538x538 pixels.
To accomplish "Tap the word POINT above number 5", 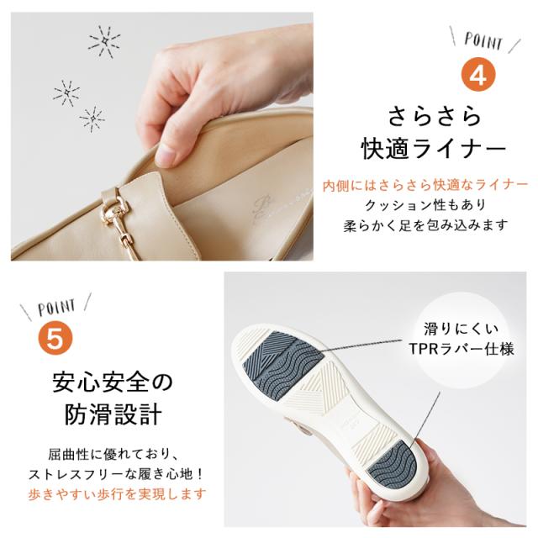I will click(57, 307).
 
